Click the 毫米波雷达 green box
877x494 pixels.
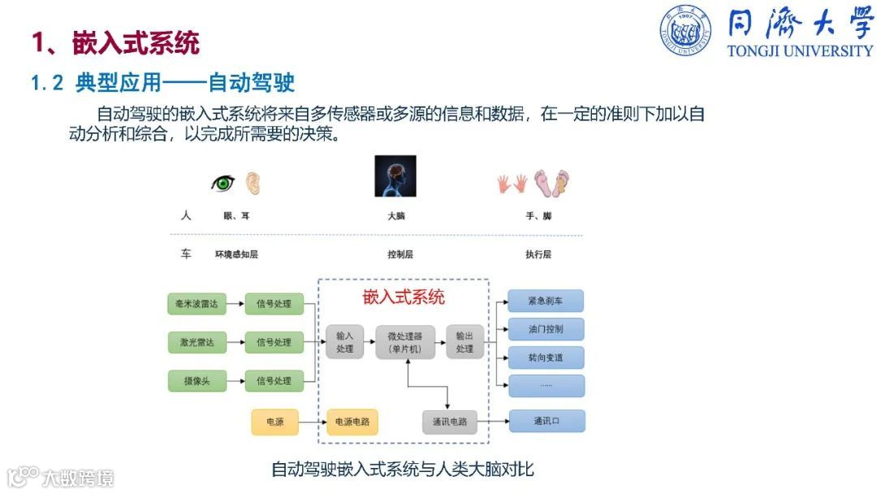196,305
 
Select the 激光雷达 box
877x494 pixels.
196,342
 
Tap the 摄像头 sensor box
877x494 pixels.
196,379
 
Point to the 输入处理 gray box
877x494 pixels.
344,342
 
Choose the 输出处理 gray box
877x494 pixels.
464,342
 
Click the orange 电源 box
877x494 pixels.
274,422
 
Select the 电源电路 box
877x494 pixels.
352,422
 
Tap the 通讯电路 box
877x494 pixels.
449,422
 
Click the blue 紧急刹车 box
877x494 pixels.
545,301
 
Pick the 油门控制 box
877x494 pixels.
545,329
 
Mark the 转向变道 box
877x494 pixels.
545,357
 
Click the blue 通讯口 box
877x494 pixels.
547,421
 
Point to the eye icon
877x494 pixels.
222,183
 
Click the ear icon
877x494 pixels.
253,182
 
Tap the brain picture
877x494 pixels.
395,175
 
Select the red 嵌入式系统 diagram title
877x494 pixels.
403,297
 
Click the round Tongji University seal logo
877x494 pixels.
685,30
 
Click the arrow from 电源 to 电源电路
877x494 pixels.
312,422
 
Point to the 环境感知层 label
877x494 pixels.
236,254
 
